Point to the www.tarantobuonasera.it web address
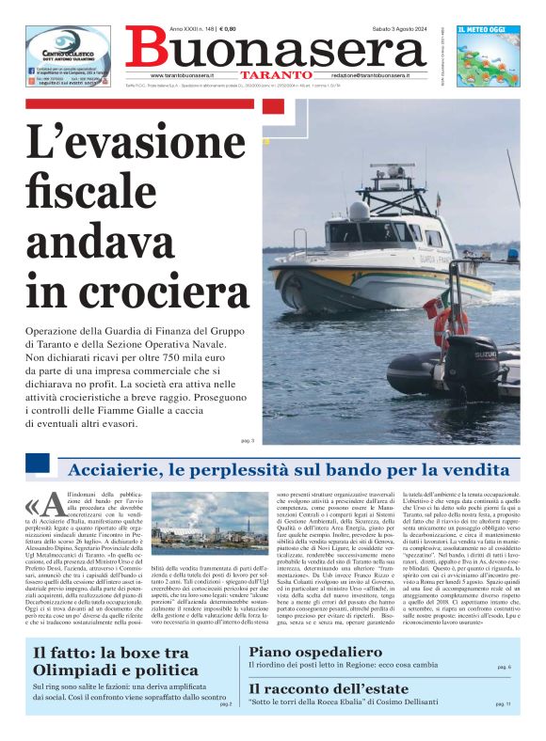[183, 74]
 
